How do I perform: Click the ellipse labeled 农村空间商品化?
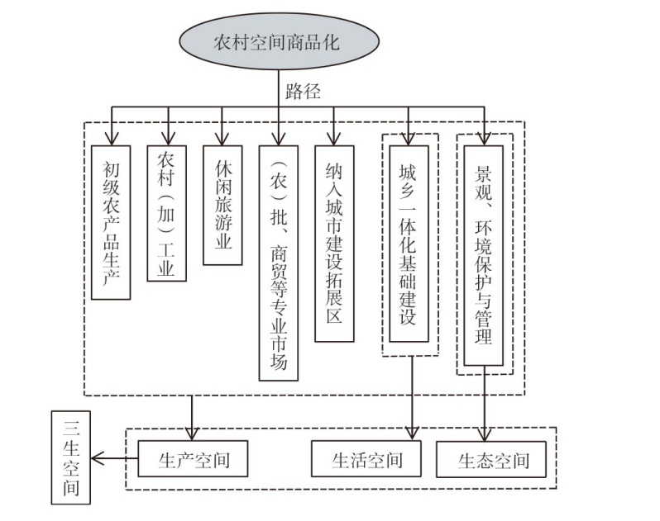click(277, 41)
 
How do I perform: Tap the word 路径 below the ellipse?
click(304, 91)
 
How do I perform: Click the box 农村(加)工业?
click(167, 212)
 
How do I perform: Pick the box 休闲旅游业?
click(222, 205)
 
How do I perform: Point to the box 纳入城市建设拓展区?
click(333, 244)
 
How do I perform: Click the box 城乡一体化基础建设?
click(409, 244)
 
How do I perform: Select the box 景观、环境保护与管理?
click(484, 255)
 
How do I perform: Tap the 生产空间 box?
click(193, 459)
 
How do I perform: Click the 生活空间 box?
click(366, 459)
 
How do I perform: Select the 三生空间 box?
click(71, 456)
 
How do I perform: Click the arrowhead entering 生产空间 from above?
click(193, 433)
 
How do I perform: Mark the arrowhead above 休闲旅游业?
click(222, 140)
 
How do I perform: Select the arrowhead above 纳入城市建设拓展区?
click(333, 140)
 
